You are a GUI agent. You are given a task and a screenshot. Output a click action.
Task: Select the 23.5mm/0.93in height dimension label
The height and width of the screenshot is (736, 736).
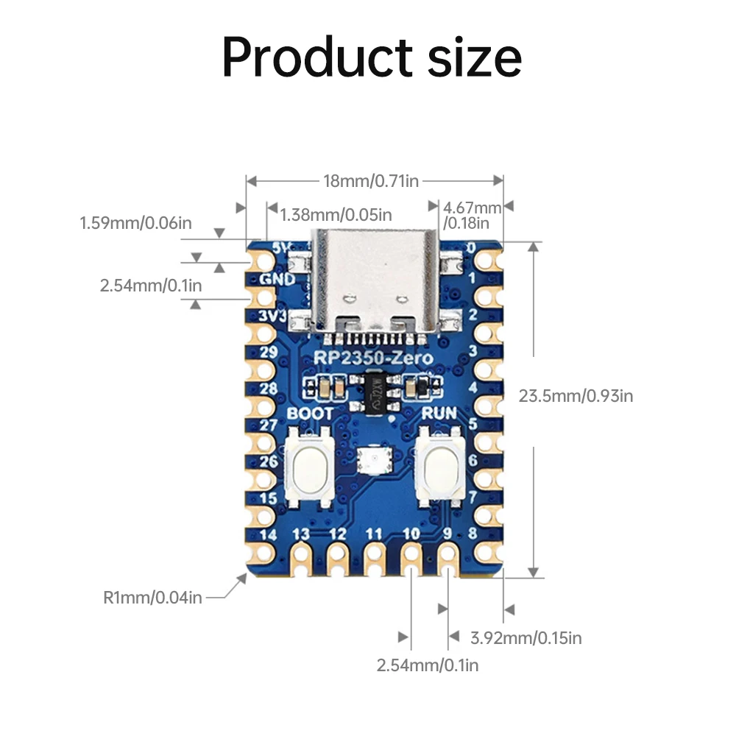pos(576,396)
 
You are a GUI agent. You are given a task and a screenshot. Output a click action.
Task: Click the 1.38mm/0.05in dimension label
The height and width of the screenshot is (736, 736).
pos(336,215)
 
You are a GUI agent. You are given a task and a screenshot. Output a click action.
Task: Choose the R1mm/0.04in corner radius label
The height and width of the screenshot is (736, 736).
pos(152,597)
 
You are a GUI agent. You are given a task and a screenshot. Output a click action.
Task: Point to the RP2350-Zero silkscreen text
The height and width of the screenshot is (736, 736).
pos(374,358)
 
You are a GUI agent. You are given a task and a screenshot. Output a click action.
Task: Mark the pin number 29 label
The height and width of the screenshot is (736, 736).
pos(269,352)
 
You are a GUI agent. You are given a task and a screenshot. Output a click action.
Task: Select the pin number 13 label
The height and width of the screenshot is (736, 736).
pos(300,534)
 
